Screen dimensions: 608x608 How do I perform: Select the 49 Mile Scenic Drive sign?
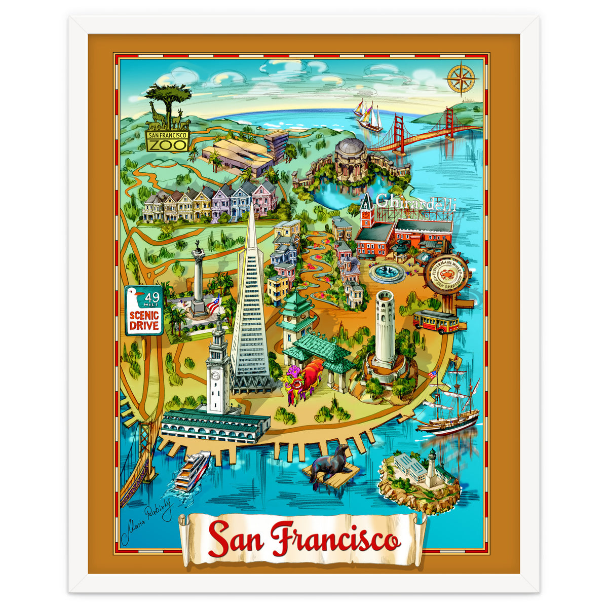tap(144, 310)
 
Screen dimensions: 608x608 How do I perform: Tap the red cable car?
tap(436, 321)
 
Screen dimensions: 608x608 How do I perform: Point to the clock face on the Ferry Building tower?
tap(215, 375)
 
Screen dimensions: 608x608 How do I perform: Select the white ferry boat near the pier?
tap(193, 471)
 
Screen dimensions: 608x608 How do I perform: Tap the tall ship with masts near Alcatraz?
tap(448, 405)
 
